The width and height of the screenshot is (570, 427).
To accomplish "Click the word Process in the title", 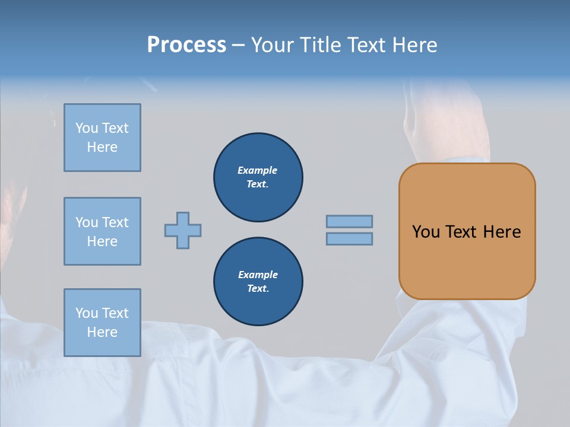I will click(186, 45).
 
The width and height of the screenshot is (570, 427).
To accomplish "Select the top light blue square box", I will click(102, 138).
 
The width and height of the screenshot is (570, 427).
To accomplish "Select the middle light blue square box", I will click(102, 231).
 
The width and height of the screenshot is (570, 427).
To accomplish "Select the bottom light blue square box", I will click(102, 322).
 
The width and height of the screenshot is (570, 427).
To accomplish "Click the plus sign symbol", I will click(183, 230).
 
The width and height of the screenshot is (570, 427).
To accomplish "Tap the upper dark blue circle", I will click(258, 177).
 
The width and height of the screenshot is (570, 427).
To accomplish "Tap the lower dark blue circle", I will click(258, 282).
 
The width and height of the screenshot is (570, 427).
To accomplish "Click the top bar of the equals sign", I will click(349, 221).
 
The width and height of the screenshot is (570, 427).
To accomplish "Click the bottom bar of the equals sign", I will click(349, 238).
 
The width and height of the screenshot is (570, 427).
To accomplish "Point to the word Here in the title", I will click(414, 45).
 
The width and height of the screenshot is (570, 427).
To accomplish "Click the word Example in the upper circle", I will click(258, 170).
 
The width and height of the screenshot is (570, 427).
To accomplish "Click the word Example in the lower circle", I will click(258, 275).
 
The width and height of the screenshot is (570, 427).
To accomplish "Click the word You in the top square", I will click(87, 128).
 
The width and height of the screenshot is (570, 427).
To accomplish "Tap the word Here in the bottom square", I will click(102, 332).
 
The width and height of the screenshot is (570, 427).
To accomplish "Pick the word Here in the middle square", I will click(102, 241).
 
